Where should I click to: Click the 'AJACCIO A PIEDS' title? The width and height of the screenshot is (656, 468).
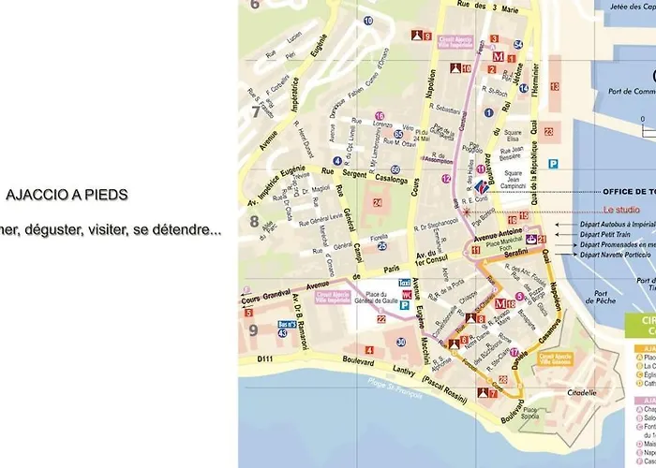(x=67, y=196)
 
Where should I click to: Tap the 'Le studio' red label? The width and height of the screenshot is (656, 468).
(x=621, y=211)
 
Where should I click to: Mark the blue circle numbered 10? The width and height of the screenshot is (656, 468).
(x=368, y=20)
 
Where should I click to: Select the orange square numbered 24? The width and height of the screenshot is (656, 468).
(x=377, y=202)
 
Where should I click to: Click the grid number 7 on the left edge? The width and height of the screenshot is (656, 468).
(x=254, y=112)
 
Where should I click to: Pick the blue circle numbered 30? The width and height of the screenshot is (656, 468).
(x=401, y=343)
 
